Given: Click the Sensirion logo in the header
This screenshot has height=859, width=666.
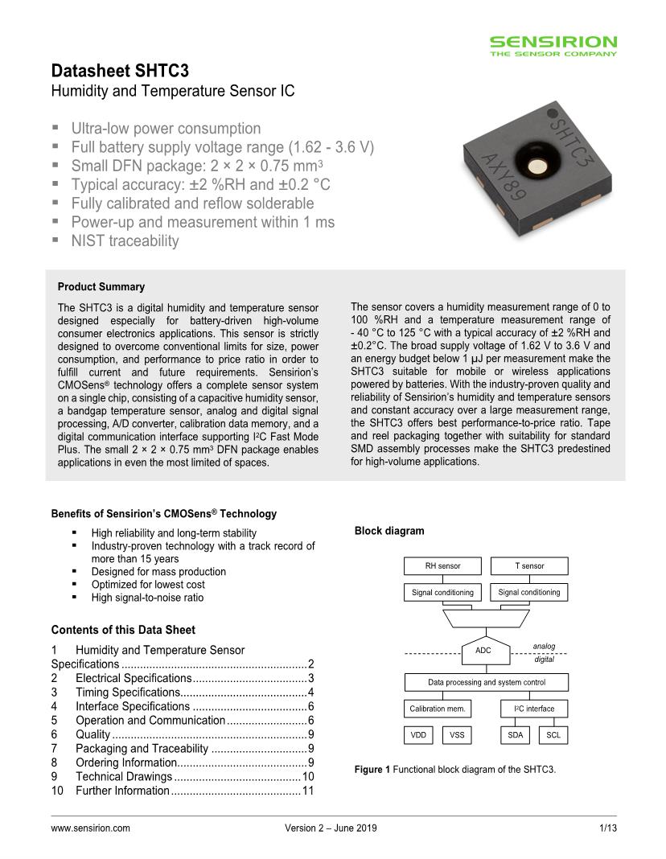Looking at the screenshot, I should coord(553,45).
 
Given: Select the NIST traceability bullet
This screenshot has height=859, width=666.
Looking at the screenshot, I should coord(125,240).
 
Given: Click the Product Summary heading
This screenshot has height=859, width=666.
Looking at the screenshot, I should coord(101,287).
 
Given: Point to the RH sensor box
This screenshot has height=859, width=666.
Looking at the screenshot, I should coord(442,566).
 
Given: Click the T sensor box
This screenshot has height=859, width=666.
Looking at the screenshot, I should coord(529,566).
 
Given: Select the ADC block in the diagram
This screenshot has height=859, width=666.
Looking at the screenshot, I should coord(483,651).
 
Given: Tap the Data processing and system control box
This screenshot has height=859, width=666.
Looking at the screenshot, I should coord(486,683).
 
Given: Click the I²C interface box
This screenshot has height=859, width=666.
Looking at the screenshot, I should coord(528,709).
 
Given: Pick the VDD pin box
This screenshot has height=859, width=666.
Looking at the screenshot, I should coord(418,735).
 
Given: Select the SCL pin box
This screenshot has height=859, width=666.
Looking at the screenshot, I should coord(553,735).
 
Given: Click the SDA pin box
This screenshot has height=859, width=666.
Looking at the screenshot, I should coord(515,735).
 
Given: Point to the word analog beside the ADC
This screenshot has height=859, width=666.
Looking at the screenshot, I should coord(544,646).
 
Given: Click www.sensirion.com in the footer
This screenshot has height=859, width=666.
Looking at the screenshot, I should coord(91,828).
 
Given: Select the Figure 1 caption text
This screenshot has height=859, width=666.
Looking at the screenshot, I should coord(455,770).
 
